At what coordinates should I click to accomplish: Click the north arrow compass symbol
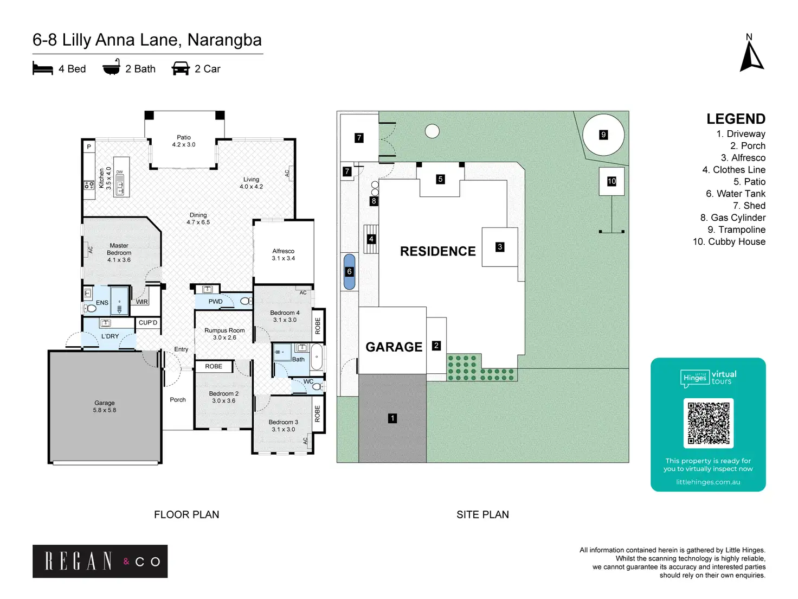[751, 56]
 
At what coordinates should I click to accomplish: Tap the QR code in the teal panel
[708, 423]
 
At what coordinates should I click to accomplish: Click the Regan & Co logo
[100, 561]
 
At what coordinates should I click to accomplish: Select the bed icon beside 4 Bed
[43, 68]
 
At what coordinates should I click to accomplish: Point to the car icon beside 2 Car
[181, 68]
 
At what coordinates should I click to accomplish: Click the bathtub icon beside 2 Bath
[111, 68]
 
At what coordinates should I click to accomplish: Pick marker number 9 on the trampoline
[603, 135]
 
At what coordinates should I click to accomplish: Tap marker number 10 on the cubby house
[612, 181]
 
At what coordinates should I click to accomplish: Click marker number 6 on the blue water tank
[349, 271]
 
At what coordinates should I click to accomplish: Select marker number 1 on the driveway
[392, 418]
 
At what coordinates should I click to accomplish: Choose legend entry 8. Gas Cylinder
[732, 218]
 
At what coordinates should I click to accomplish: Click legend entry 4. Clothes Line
[733, 170]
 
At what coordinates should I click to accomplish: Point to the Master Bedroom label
[119, 253]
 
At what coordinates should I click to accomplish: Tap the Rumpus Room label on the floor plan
[224, 334]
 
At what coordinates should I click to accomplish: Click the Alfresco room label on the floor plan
[283, 254]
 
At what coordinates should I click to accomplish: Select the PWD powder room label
[215, 302]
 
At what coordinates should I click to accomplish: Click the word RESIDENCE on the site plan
[437, 251]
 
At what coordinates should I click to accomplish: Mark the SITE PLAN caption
[482, 514]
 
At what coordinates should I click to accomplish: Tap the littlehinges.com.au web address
[707, 482]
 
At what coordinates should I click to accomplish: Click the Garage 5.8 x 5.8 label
[105, 406]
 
